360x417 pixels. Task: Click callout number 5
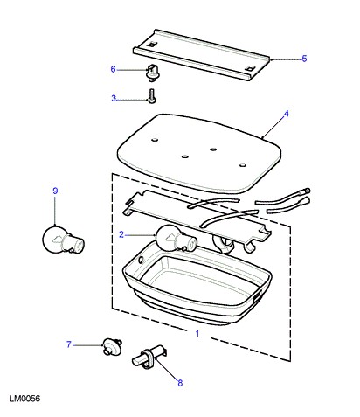(304, 59)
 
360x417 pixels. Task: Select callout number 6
(113, 69)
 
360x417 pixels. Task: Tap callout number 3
(114, 98)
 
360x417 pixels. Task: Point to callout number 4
(287, 114)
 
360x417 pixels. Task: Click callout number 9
(55, 191)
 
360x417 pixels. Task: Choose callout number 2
(121, 234)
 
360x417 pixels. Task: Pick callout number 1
(197, 333)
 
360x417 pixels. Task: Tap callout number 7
(69, 344)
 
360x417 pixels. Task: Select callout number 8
(180, 383)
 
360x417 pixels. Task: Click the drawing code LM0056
(25, 399)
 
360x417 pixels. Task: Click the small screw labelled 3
(152, 96)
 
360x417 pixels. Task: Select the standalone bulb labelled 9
(63, 240)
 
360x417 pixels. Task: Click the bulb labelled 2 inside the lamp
(177, 239)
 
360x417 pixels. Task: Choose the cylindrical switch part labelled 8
(149, 355)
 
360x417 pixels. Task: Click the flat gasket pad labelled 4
(199, 153)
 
